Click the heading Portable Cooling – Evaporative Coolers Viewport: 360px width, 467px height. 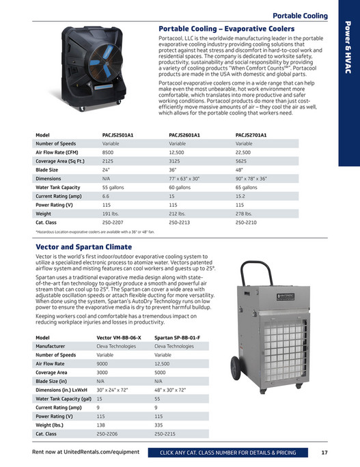(x=226, y=29)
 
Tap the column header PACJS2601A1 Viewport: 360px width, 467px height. (x=184, y=135)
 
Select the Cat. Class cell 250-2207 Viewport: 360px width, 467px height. (x=113, y=223)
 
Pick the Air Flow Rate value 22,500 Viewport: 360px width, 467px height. (x=244, y=153)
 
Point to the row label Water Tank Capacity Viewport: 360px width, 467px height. (x=58, y=187)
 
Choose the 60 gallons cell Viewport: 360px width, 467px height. (x=180, y=187)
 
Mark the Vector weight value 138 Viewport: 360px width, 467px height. (x=100, y=425)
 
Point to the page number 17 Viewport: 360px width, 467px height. (x=324, y=452)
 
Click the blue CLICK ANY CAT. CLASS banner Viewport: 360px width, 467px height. (x=227, y=452)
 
